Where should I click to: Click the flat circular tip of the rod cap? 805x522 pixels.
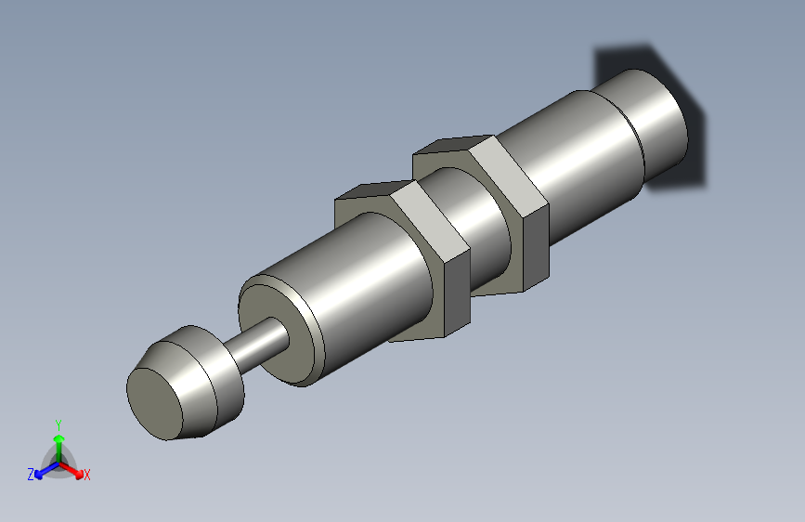(x=156, y=401)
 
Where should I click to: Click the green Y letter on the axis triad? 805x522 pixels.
(x=58, y=424)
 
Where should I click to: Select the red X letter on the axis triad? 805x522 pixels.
(x=86, y=475)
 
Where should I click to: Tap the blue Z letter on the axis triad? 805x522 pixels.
(x=31, y=475)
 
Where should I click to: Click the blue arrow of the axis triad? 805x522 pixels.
(x=42, y=470)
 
